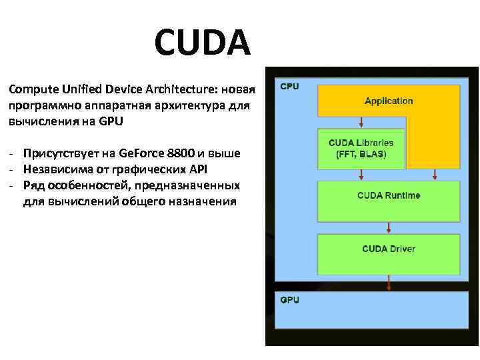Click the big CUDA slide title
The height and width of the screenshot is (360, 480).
click(202, 42)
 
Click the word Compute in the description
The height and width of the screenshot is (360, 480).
click(31, 89)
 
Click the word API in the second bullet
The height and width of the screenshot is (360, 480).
click(198, 169)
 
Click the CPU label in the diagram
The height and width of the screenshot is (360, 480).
click(289, 87)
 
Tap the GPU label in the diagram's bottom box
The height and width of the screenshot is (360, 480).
click(289, 300)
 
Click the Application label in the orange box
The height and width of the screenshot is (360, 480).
click(389, 101)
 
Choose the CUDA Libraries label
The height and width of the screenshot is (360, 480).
click(361, 143)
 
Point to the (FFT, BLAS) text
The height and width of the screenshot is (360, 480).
click(361, 153)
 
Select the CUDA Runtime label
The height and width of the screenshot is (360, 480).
click(389, 195)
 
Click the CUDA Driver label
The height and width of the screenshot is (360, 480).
click(389, 249)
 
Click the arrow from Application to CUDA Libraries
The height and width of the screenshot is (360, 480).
click(361, 122)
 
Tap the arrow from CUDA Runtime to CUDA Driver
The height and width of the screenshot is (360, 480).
click(388, 228)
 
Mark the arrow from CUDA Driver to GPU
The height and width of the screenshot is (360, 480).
click(388, 284)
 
